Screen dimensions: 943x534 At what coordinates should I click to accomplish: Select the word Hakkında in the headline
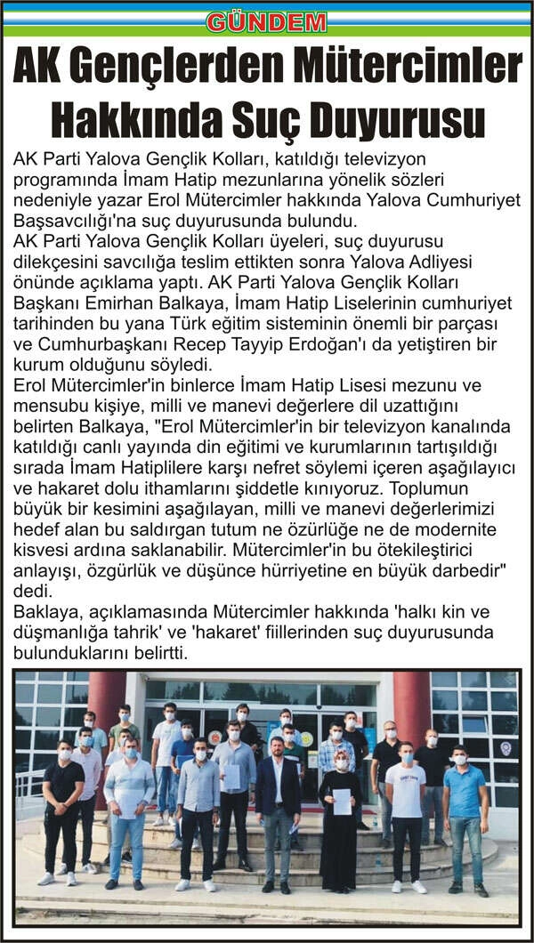(x=129, y=119)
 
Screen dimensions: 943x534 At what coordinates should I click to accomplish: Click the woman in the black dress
(x=341, y=818)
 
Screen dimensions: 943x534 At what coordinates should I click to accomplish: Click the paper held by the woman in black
(x=342, y=801)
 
